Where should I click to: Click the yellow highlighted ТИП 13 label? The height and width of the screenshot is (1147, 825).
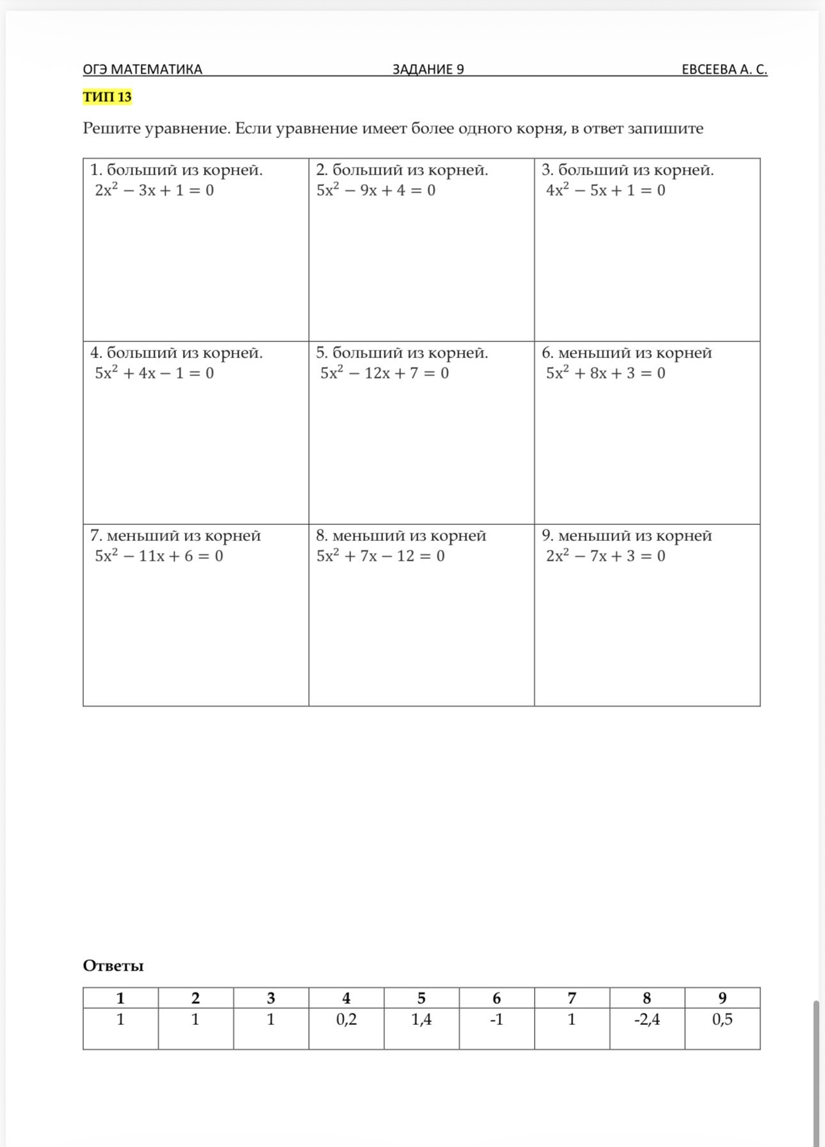pyautogui.click(x=107, y=97)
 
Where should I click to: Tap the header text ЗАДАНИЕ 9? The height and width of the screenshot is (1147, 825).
pyautogui.click(x=428, y=69)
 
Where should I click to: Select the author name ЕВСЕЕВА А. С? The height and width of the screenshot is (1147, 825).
pyautogui.click(x=724, y=69)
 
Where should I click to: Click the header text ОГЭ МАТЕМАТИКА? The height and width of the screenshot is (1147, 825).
pyautogui.click(x=142, y=69)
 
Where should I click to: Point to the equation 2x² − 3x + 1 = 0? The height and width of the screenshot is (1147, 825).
pyautogui.click(x=154, y=190)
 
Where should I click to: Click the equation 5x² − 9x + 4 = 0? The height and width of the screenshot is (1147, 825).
pyautogui.click(x=376, y=190)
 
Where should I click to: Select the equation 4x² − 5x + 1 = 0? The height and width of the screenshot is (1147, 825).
pyautogui.click(x=605, y=190)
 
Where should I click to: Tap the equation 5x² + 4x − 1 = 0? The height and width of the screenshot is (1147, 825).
pyautogui.click(x=154, y=373)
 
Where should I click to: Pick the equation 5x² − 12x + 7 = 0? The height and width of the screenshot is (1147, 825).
pyautogui.click(x=384, y=373)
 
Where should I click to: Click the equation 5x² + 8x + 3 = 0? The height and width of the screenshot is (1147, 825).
pyautogui.click(x=605, y=373)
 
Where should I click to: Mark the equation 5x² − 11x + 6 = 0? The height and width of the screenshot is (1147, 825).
pyautogui.click(x=159, y=556)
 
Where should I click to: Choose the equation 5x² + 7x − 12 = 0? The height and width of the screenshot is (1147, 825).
pyautogui.click(x=381, y=556)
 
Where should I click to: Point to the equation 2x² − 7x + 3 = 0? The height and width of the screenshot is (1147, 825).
pyautogui.click(x=605, y=556)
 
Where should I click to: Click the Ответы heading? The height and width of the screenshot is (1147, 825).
pyautogui.click(x=113, y=965)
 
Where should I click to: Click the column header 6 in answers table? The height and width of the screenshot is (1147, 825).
pyautogui.click(x=496, y=998)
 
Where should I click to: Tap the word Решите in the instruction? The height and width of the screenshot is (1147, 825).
pyautogui.click(x=111, y=129)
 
